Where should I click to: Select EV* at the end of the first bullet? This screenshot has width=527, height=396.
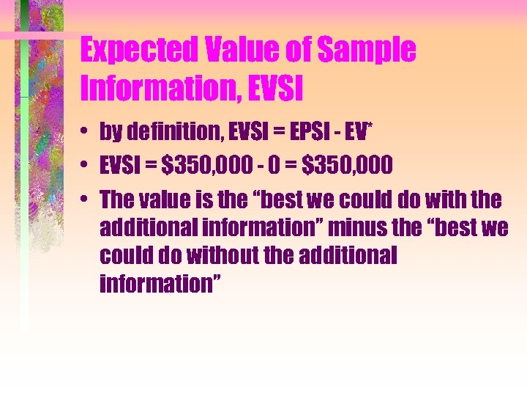pos(360,132)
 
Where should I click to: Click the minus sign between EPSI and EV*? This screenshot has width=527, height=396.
pos(340,133)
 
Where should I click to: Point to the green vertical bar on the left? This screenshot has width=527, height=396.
pos(24,183)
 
